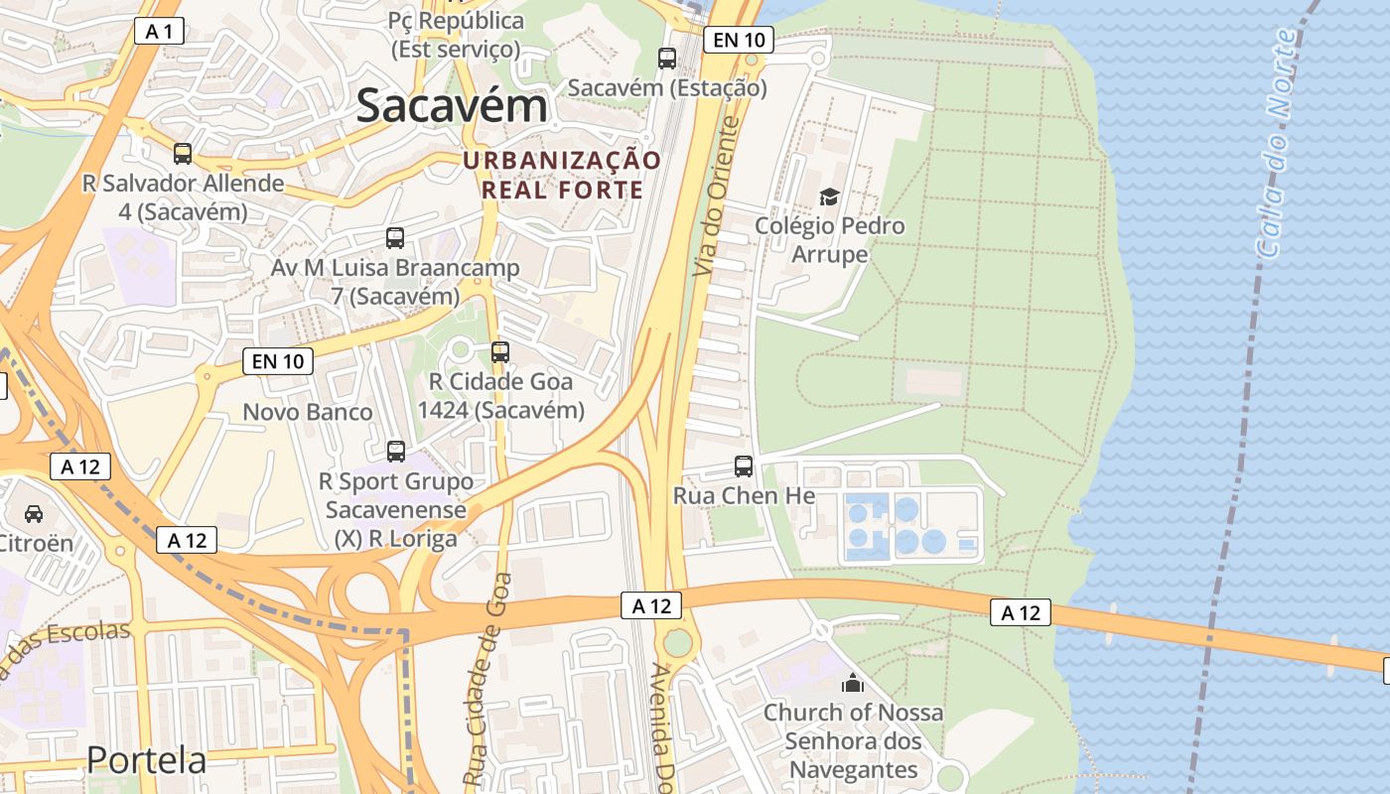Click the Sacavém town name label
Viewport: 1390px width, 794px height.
click(452, 105)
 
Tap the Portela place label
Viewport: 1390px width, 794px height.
click(146, 759)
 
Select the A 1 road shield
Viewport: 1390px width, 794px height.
click(159, 32)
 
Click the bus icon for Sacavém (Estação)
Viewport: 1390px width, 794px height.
click(667, 59)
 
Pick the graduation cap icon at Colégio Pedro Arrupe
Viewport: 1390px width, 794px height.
click(829, 197)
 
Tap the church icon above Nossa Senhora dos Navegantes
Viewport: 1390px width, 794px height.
click(852, 683)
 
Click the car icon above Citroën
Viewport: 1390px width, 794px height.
click(34, 513)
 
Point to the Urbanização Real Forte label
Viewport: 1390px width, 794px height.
click(562, 175)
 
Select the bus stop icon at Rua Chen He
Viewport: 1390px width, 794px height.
click(744, 465)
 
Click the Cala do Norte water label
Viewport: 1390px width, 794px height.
click(1278, 144)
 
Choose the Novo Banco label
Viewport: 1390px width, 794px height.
click(308, 412)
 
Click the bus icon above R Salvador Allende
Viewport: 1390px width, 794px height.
click(183, 154)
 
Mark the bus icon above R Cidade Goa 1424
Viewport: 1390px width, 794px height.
click(500, 352)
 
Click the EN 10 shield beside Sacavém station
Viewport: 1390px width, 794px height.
click(738, 40)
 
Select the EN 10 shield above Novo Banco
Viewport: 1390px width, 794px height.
click(278, 361)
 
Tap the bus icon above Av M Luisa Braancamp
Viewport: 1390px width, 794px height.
click(395, 238)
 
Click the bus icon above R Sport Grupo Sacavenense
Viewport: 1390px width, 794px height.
click(396, 452)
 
